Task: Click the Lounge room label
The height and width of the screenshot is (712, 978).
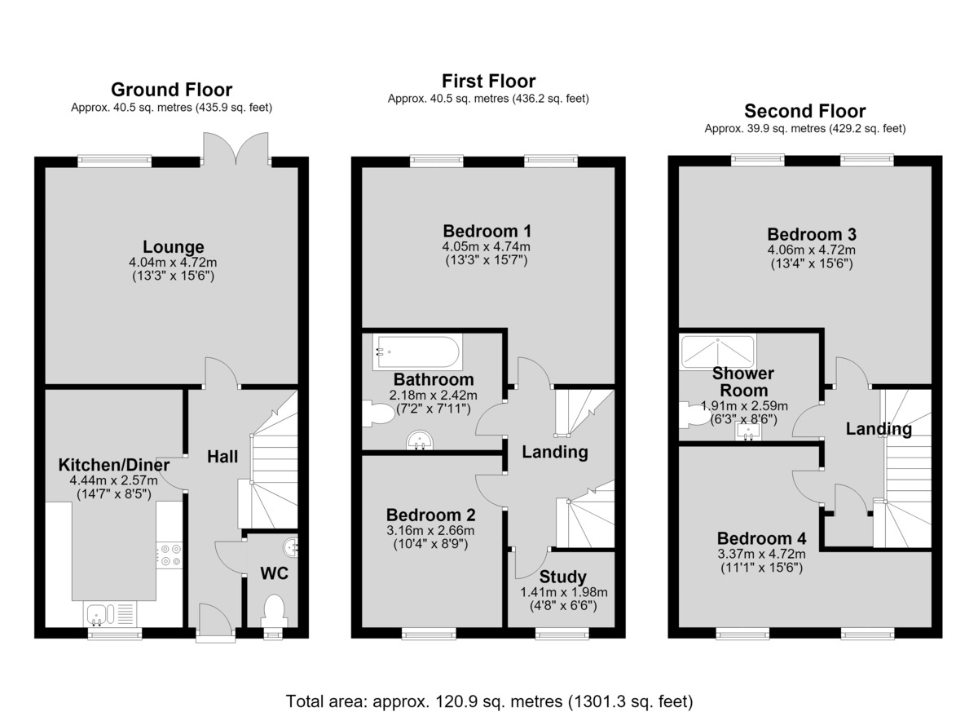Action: pos(174,247)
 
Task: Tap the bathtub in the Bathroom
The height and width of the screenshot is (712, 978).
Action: pos(417,352)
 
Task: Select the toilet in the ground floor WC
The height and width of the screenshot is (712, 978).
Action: pos(274,611)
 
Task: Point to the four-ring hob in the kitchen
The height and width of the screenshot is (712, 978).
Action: pos(170,555)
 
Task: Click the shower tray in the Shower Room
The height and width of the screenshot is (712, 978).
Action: pos(718,352)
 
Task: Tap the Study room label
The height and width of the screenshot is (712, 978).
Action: pos(563,577)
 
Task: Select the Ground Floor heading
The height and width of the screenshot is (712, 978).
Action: pos(172,90)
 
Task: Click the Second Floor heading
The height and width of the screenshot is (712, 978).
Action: pos(805,111)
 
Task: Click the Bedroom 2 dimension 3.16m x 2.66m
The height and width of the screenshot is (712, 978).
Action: pos(430,531)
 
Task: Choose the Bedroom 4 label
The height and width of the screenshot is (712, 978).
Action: pos(761,538)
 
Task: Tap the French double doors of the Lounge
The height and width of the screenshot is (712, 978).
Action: pos(236,149)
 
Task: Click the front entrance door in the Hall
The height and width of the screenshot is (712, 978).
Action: pos(215,623)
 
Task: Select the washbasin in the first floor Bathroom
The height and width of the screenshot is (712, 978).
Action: pos(420,440)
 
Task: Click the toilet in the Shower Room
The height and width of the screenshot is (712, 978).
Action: pos(695,415)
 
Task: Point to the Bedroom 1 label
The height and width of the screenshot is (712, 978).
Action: pos(487,231)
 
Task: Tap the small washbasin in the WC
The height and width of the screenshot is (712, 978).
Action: pos(291,547)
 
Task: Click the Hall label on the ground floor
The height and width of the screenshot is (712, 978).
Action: pos(222,457)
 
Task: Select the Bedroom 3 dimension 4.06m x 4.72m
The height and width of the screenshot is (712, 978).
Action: pos(812,250)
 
